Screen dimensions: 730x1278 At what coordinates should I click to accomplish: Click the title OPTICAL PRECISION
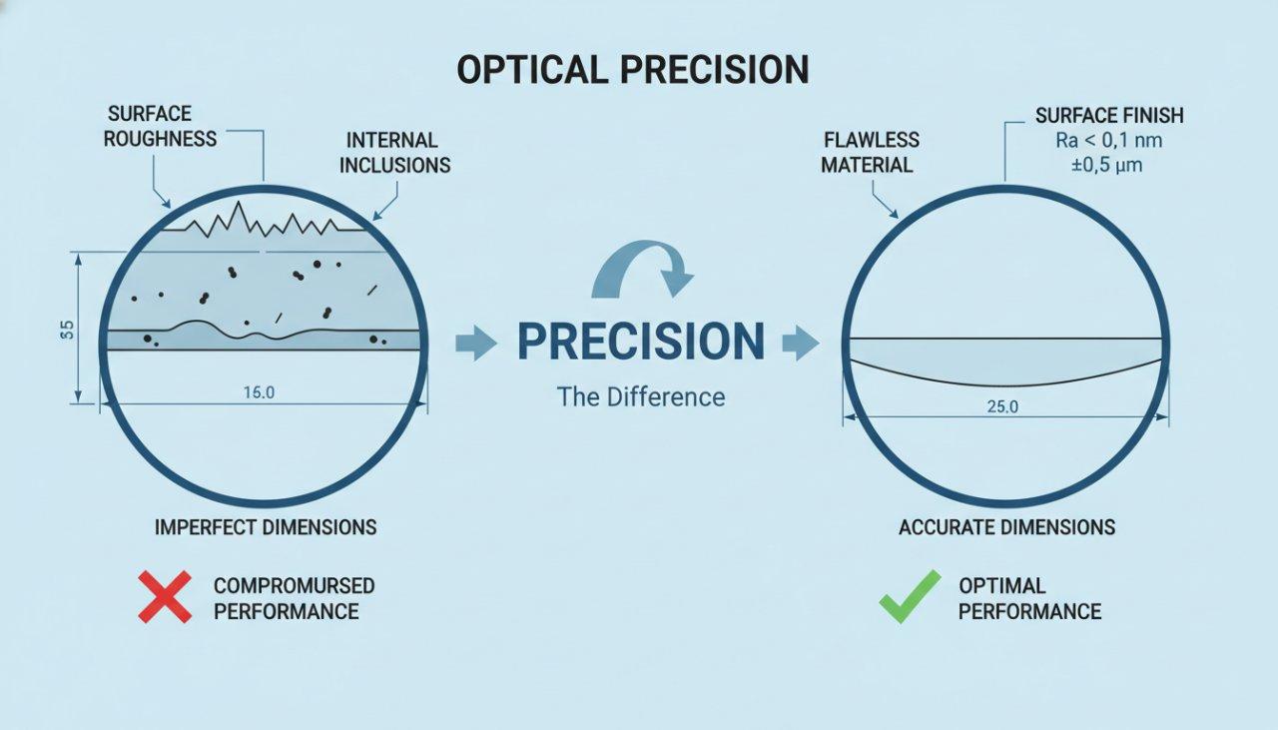[633, 69]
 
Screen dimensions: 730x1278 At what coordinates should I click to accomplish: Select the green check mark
[909, 596]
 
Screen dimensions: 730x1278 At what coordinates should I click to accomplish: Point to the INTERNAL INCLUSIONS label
[394, 153]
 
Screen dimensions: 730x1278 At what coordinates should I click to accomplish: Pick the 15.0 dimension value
[259, 392]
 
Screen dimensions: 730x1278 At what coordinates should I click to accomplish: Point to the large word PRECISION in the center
[640, 342]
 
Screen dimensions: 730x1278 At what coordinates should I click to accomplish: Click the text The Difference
[640, 396]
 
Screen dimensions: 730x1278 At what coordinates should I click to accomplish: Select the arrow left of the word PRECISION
[475, 345]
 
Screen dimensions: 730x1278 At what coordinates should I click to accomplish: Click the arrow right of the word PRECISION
[801, 345]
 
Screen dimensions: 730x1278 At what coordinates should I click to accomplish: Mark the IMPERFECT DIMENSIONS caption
[266, 526]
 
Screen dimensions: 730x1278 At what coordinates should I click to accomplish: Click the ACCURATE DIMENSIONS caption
[1006, 527]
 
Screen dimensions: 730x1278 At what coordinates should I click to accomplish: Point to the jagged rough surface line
[262, 222]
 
